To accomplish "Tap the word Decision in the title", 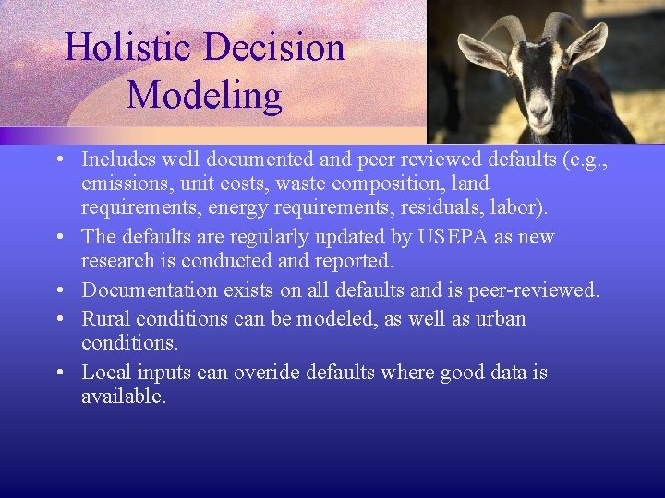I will click(277, 48).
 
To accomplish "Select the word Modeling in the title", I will click(204, 96).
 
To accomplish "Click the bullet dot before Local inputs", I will click(58, 373).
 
